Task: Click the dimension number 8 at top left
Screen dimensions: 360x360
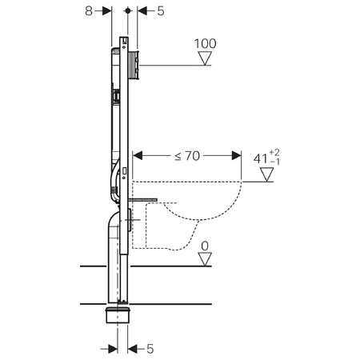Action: pyautogui.click(x=89, y=11)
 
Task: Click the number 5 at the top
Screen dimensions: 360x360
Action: pyautogui.click(x=161, y=11)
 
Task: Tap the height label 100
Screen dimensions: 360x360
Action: pyautogui.click(x=205, y=44)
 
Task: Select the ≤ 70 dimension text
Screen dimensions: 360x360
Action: pyautogui.click(x=187, y=156)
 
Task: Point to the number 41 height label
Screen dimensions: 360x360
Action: pyautogui.click(x=261, y=159)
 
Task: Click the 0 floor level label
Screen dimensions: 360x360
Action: pyautogui.click(x=205, y=246)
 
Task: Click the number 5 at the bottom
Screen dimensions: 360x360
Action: pyautogui.click(x=150, y=349)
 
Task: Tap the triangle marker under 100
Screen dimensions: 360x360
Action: pyautogui.click(x=205, y=58)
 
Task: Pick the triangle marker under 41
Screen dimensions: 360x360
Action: pyautogui.click(x=267, y=174)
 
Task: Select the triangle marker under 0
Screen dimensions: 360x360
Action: pyautogui.click(x=205, y=259)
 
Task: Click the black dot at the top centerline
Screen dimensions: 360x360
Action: pyautogui.click(x=128, y=10)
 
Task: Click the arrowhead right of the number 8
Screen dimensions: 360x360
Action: pyautogui.click(x=107, y=11)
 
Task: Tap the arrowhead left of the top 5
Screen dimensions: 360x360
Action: pyautogui.click(x=142, y=11)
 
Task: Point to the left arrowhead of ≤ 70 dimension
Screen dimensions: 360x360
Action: pyautogui.click(x=138, y=156)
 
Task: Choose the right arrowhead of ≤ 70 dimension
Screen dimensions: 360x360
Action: pyautogui.click(x=237, y=156)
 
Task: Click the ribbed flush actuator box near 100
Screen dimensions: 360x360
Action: pyautogui.click(x=134, y=65)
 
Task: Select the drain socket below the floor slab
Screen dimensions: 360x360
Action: pyautogui.click(x=118, y=315)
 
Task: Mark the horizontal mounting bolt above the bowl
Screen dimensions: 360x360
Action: pyautogui.click(x=142, y=200)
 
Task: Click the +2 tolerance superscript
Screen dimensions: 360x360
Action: pyautogui.click(x=274, y=153)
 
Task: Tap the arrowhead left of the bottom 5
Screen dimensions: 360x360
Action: pyautogui.click(x=113, y=349)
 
